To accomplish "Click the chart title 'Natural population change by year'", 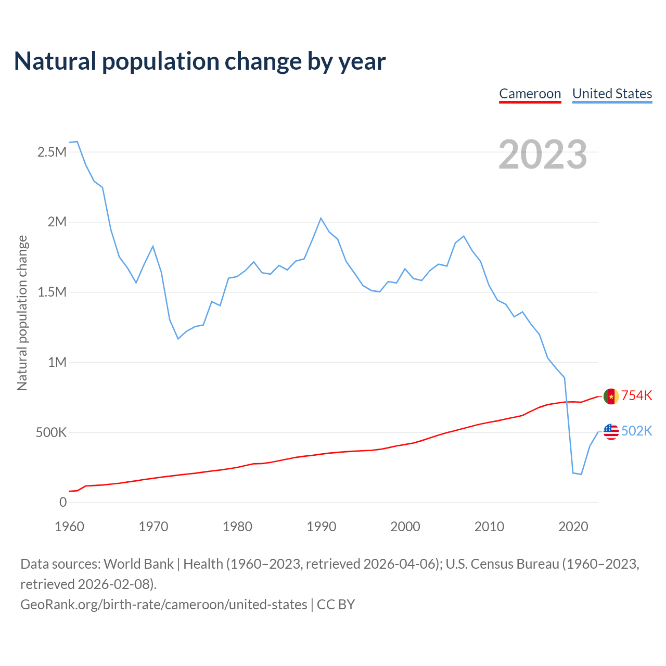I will pyautogui.click(x=200, y=61).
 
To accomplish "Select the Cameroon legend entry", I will pyautogui.click(x=530, y=94).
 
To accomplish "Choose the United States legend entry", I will pyautogui.click(x=612, y=94).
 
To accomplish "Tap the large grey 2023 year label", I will pyautogui.click(x=543, y=155).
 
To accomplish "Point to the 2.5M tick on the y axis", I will pyautogui.click(x=52, y=152).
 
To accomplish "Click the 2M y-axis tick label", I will pyautogui.click(x=57, y=222).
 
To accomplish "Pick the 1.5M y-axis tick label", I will pyautogui.click(x=52, y=292).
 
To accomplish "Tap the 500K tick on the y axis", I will pyautogui.click(x=51, y=432).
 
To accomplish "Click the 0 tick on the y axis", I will pyautogui.click(x=63, y=502).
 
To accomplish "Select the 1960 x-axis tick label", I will pyautogui.click(x=69, y=527).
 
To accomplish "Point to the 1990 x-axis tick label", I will pyautogui.click(x=321, y=527).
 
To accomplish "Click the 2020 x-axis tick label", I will pyautogui.click(x=573, y=527).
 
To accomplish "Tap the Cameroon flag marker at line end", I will pyautogui.click(x=611, y=396).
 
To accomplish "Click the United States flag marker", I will pyautogui.click(x=611, y=432).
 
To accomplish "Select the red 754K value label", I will pyautogui.click(x=636, y=395).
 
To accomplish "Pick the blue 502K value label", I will pyautogui.click(x=636, y=431).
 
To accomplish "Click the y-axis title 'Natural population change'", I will pyautogui.click(x=22, y=313).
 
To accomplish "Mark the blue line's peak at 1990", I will pyautogui.click(x=321, y=218).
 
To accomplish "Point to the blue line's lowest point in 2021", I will pyautogui.click(x=581, y=474).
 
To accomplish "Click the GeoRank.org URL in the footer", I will pyautogui.click(x=164, y=605).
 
